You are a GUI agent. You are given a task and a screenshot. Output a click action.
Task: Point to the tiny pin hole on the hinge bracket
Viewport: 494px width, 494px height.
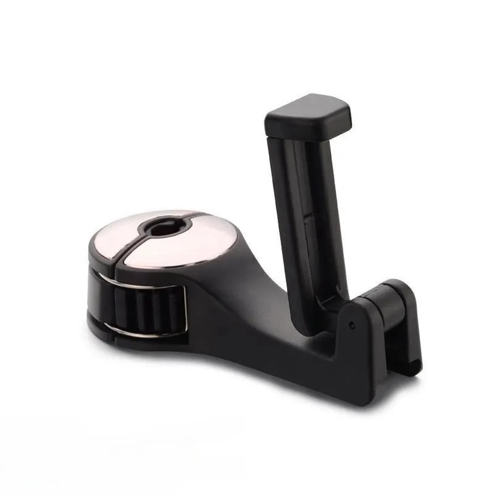351,325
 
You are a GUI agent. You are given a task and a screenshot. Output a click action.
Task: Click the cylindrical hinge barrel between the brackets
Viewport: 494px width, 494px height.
378,304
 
